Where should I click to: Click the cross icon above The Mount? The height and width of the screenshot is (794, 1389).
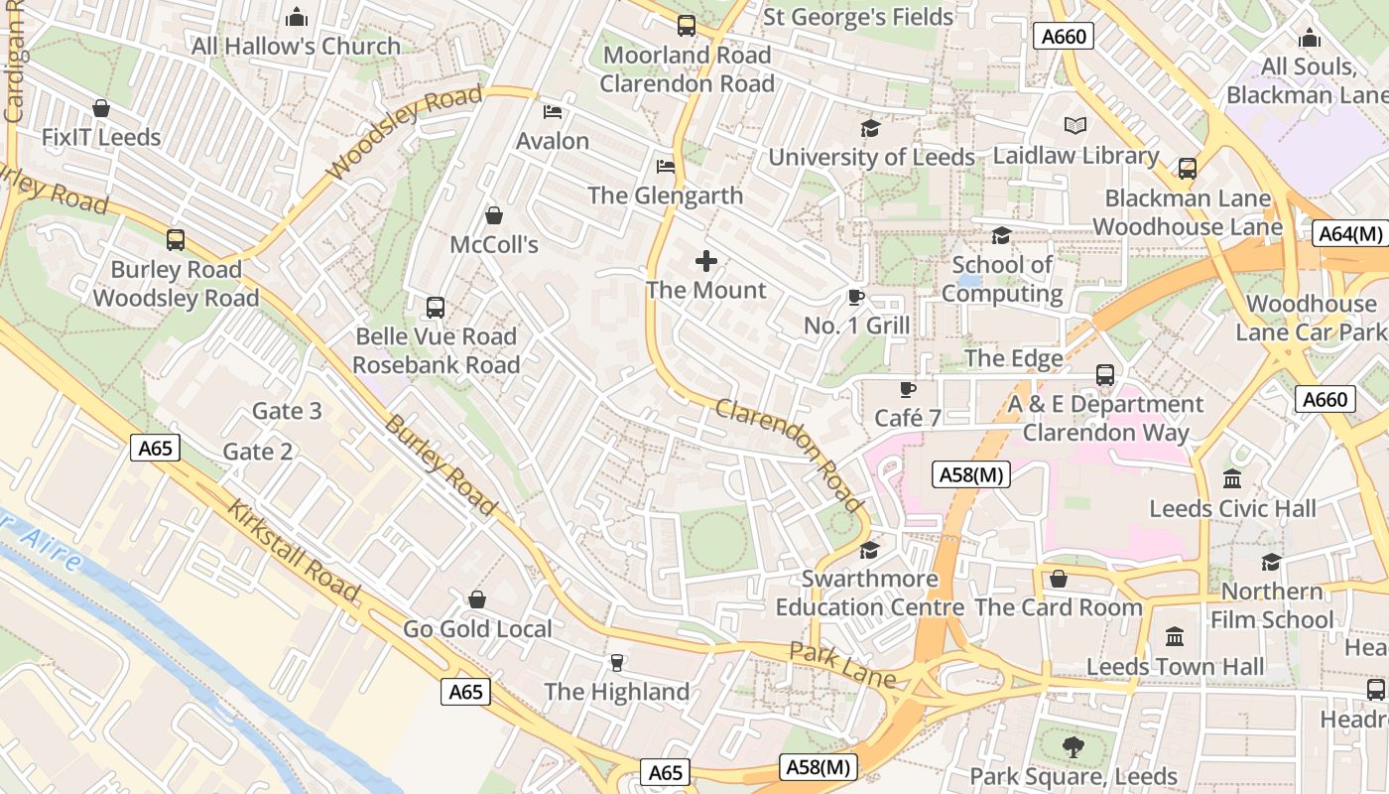pos(706,261)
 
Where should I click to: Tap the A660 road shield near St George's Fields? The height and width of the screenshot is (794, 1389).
pos(1064,37)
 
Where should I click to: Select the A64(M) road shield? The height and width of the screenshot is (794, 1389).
pos(1349,234)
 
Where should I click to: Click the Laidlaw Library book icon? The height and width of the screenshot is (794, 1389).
pos(1075,125)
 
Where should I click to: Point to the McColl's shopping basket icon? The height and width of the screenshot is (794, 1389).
pos(494,215)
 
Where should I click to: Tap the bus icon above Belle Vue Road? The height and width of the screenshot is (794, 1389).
pos(435,308)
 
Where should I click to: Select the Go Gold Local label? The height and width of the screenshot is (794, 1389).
pos(477,629)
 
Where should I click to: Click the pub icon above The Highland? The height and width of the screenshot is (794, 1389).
pos(617,662)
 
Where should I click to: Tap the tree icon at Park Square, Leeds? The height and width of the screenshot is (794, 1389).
pos(1073,746)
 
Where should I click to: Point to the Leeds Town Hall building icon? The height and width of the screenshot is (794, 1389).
pos(1175,636)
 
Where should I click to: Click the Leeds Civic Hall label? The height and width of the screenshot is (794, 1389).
pos(1232,509)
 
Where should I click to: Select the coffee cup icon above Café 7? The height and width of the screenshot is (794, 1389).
pos(907,389)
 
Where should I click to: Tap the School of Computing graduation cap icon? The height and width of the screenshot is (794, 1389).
pos(1001,235)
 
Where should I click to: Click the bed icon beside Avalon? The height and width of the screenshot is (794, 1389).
pos(553,111)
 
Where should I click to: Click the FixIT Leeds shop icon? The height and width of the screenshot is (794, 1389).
pos(100,108)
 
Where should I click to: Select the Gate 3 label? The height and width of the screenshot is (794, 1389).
pos(287,411)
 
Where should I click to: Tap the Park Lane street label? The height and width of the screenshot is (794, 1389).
pos(841,664)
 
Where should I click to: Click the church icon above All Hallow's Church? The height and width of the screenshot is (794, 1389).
pos(296,17)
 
